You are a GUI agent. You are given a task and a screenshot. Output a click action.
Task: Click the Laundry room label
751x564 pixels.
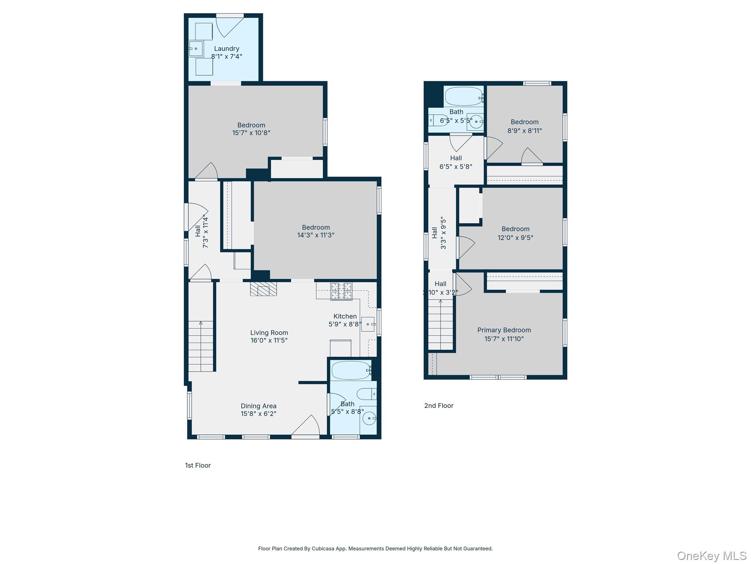pyautogui.click(x=226, y=48)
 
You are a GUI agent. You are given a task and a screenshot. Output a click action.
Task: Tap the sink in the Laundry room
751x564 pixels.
pyautogui.click(x=195, y=48)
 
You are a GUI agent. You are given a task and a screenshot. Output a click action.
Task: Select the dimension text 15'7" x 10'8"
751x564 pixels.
pyautogui.click(x=251, y=133)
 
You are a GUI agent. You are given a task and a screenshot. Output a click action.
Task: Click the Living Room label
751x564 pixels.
pyautogui.click(x=269, y=333)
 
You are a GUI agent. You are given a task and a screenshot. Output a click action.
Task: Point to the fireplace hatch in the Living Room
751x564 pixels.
pyautogui.click(x=263, y=289)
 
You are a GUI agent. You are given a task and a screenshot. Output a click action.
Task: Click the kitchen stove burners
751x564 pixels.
pyautogui.click(x=341, y=291)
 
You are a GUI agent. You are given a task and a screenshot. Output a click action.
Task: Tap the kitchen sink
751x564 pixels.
pyautogui.click(x=368, y=324)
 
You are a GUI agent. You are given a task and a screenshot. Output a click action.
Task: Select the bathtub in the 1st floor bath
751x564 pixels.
pyautogui.click(x=351, y=370)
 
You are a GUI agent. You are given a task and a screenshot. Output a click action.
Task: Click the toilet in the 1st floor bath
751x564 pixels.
pyautogui.click(x=366, y=394)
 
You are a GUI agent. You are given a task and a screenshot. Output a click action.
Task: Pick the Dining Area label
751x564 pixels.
pyautogui.click(x=259, y=406)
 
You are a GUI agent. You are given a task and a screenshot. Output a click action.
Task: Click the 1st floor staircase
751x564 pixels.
pyautogui.click(x=201, y=345)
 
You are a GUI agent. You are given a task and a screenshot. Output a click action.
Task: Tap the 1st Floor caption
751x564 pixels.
pyautogui.click(x=198, y=465)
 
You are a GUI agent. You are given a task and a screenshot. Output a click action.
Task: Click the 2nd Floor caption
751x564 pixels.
pyautogui.click(x=439, y=405)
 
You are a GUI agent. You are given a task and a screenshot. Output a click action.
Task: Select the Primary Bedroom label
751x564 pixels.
pyautogui.click(x=504, y=330)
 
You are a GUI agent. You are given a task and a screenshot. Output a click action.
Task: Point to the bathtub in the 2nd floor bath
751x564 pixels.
pyautogui.click(x=464, y=96)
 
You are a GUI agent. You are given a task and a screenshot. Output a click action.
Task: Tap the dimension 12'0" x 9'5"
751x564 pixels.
pyautogui.click(x=515, y=238)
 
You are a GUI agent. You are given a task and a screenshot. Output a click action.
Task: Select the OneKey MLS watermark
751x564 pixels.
pyautogui.click(x=711, y=556)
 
